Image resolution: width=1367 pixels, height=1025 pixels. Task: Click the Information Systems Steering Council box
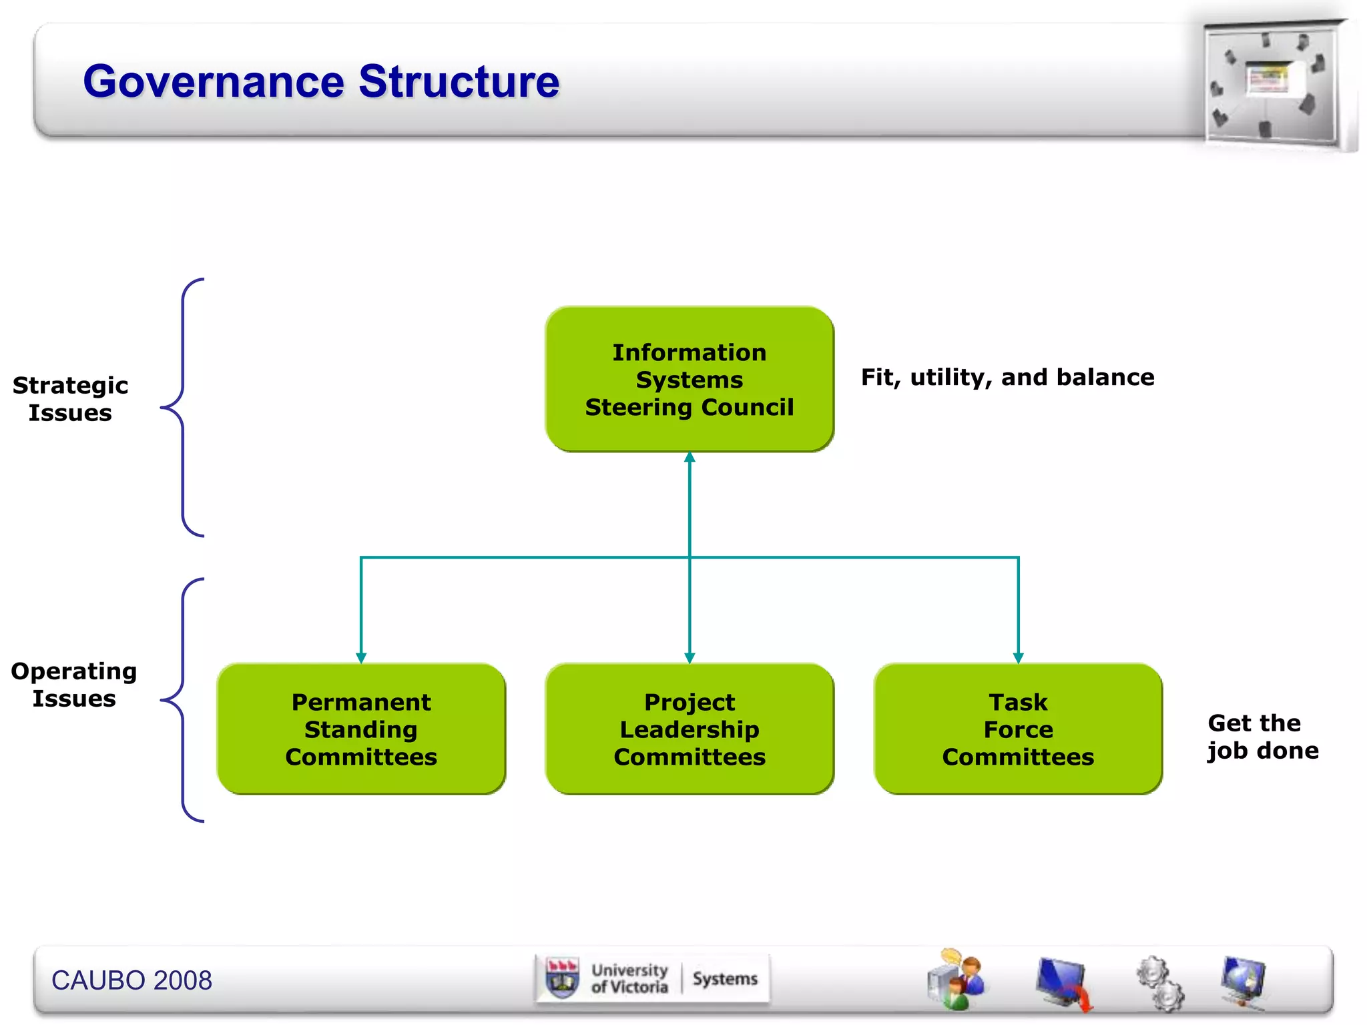pyautogui.click(x=690, y=379)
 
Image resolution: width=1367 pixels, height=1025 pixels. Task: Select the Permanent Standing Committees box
pyautogui.click(x=361, y=729)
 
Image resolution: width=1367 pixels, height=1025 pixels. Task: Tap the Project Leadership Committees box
pyautogui.click(x=690, y=729)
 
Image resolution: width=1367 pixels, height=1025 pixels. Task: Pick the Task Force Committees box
pyautogui.click(x=1018, y=729)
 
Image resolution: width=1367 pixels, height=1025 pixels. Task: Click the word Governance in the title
pyautogui.click(x=214, y=82)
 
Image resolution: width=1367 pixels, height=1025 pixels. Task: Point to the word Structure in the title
pyautogui.click(x=459, y=82)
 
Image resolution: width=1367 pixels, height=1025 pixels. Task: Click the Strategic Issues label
pyautogui.click(x=70, y=399)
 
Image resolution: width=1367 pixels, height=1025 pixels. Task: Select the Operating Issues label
pyautogui.click(x=73, y=685)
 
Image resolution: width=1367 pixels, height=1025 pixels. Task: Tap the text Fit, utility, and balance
pyautogui.click(x=1007, y=378)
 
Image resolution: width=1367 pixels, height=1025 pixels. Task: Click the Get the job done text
pyautogui.click(x=1262, y=737)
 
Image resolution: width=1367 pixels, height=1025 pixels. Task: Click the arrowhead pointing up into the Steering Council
pyautogui.click(x=690, y=458)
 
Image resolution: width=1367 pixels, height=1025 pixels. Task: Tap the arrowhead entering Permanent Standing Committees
pyautogui.click(x=361, y=658)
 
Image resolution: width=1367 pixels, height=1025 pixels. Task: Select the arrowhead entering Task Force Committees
pyautogui.click(x=1018, y=658)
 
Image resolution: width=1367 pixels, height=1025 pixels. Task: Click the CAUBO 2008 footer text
pyautogui.click(x=131, y=980)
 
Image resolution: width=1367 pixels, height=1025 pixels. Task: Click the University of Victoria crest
pyautogui.click(x=562, y=979)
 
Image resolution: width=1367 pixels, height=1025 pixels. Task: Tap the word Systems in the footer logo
pyautogui.click(x=725, y=979)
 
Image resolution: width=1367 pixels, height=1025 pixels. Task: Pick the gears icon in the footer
pyautogui.click(x=1160, y=983)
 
